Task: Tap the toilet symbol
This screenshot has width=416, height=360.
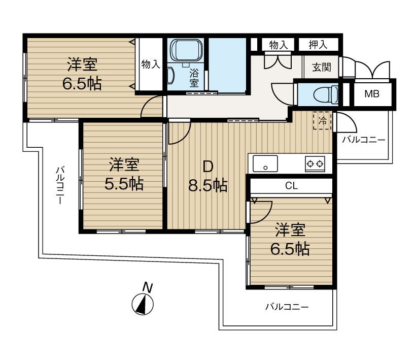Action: [326, 94]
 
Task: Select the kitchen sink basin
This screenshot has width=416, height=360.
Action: [265, 163]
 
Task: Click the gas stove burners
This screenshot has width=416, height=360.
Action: [315, 163]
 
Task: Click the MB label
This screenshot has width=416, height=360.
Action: [372, 94]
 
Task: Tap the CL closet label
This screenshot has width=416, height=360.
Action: [291, 185]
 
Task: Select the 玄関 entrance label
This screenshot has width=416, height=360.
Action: [322, 67]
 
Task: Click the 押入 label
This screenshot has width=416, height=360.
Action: [318, 45]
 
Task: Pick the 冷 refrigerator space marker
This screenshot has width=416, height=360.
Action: [322, 121]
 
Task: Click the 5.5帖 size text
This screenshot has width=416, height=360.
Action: [124, 184]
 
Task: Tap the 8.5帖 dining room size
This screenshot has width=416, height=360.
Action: [207, 185]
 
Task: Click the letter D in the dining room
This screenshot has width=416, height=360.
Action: [208, 167]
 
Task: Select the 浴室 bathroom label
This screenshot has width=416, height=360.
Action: [194, 78]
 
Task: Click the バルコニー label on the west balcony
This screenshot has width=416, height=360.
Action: [60, 185]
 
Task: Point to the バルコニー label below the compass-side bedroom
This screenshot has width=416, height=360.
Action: [287, 307]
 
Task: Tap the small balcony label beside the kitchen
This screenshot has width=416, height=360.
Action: [363, 140]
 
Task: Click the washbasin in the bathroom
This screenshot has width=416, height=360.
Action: [170, 76]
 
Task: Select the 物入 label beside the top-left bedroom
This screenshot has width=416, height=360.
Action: [151, 64]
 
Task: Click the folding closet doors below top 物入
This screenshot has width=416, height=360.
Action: [278, 60]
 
